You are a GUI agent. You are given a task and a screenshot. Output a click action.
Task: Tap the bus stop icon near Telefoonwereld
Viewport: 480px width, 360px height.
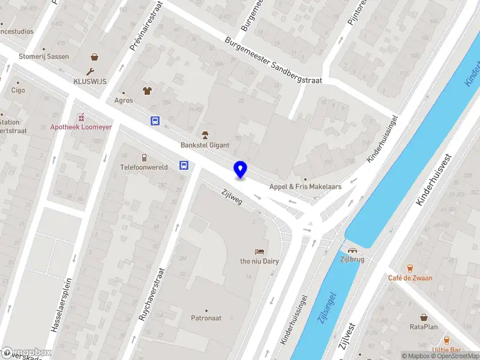click(184, 166)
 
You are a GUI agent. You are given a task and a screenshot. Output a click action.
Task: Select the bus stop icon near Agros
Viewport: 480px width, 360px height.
click(155, 121)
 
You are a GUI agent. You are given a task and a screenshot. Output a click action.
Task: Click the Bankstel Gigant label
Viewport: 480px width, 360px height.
click(204, 145)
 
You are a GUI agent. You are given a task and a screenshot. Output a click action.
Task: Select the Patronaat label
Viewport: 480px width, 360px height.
click(208, 318)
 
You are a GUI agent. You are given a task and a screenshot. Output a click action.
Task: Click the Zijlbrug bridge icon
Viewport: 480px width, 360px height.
click(352, 250)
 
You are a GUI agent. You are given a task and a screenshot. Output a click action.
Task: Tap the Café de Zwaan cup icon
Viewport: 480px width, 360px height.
click(410, 268)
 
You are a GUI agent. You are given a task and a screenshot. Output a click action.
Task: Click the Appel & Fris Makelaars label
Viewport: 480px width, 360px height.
click(305, 187)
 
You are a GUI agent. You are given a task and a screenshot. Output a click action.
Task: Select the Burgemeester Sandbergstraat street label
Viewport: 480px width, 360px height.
click(274, 62)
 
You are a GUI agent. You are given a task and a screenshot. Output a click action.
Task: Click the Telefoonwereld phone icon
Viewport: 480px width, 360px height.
click(144, 158)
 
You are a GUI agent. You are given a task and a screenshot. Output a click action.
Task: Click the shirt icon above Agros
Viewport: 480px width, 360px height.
click(146, 91)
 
